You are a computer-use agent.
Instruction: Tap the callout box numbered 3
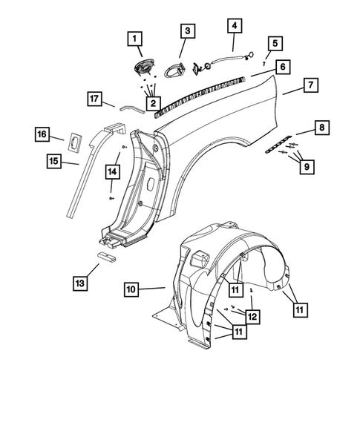(187, 31)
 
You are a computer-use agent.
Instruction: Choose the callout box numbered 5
(275, 44)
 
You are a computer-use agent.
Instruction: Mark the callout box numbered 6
(282, 66)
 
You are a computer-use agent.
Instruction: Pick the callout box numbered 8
(321, 129)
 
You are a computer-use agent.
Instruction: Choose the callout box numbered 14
(111, 171)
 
